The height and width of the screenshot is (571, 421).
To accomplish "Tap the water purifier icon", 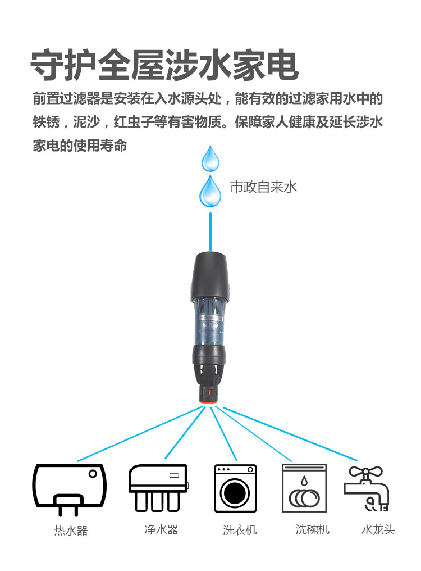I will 158,487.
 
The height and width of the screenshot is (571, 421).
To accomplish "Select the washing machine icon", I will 235,488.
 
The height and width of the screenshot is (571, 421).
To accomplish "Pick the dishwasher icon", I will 304,488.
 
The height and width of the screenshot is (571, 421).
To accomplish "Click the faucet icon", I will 367,488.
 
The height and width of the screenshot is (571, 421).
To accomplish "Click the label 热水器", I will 71,531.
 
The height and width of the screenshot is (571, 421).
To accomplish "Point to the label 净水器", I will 161,529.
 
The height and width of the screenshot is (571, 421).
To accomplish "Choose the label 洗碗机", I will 313,529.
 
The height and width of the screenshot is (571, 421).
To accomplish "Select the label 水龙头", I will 378,529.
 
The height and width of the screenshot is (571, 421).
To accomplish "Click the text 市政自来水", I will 263,187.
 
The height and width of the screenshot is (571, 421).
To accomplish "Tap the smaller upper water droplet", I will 211,159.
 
